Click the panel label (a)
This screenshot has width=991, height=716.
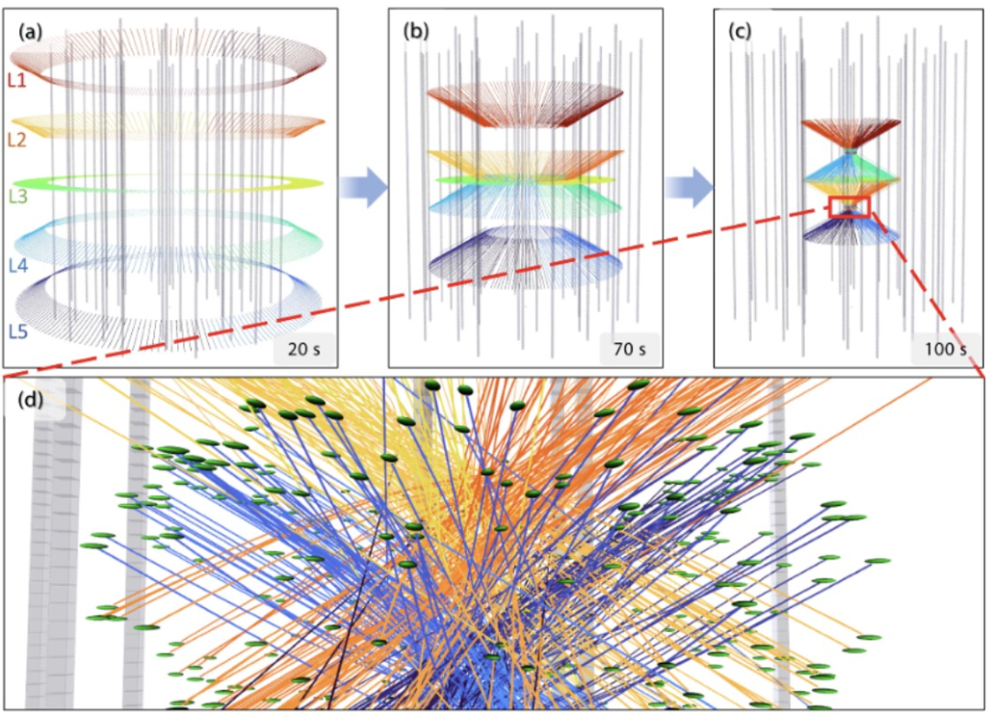31,31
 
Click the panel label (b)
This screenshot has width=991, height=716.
416,31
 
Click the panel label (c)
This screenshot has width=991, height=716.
740,31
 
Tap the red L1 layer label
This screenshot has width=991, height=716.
17,80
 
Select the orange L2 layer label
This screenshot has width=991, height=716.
17,139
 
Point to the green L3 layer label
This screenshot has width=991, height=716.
18,196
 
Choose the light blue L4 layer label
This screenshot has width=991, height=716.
18,266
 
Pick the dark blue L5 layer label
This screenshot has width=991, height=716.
18,332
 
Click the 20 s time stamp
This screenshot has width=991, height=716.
304,349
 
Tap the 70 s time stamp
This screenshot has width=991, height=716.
629,349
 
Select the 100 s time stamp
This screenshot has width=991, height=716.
945,349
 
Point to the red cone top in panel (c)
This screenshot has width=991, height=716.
852,133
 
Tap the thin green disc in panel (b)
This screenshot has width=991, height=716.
525,180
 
